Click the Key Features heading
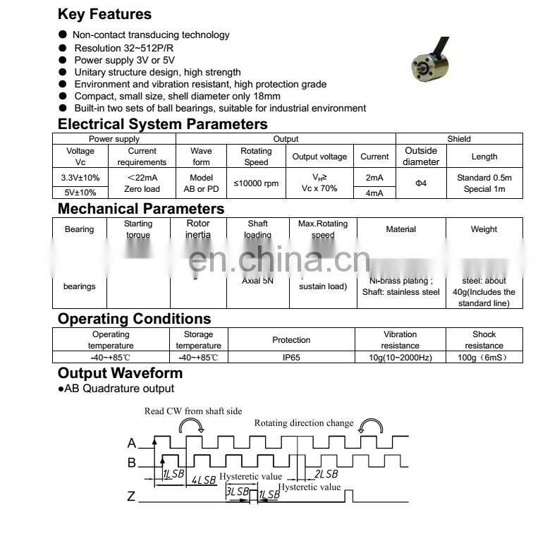pyautogui.click(x=104, y=14)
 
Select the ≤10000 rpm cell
pyautogui.click(x=256, y=183)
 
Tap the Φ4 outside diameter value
pyautogui.click(x=421, y=183)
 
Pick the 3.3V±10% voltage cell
pyautogui.click(x=80, y=177)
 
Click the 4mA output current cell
pyautogui.click(x=374, y=192)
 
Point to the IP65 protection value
pyautogui.click(x=291, y=358)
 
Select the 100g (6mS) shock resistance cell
pyautogui.click(x=484, y=358)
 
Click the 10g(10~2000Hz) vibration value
pyautogui.click(x=400, y=358)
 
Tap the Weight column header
pyautogui.click(x=484, y=229)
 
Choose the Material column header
pyautogui.click(x=400, y=229)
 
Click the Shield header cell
pyautogui.click(x=459, y=139)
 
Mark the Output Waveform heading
pyautogui.click(x=120, y=373)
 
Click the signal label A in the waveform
pyautogui.click(x=131, y=444)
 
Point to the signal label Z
pyautogui.click(x=131, y=497)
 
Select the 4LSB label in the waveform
pyautogui.click(x=204, y=480)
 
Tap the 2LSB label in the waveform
pyautogui.click(x=326, y=474)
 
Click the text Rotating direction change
pyautogui.click(x=304, y=423)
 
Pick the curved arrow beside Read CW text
pyautogui.click(x=192, y=425)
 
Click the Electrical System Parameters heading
pyautogui.click(x=163, y=124)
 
